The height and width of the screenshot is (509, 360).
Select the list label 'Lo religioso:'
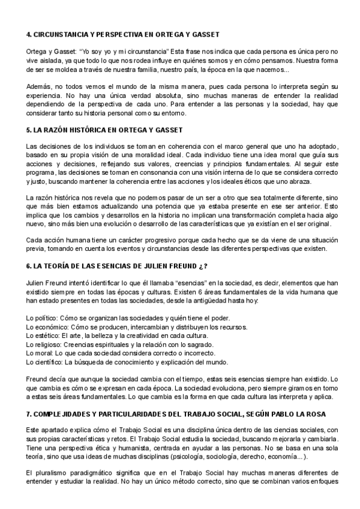(44, 345)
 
